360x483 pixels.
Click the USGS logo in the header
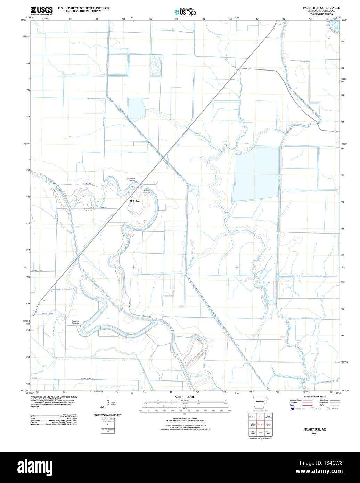[x=41, y=10]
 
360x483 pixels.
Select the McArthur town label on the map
[x=134, y=201]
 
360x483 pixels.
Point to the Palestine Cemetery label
[x=75, y=322]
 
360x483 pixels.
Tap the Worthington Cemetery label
[x=131, y=180]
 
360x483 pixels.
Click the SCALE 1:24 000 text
[x=185, y=397]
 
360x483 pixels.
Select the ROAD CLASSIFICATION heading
[x=314, y=396]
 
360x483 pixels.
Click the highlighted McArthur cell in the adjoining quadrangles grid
[x=261, y=425]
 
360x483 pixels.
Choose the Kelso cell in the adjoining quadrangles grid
[x=261, y=417]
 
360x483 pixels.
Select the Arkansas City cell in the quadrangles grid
[x=269, y=433]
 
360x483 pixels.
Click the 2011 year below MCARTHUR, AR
[x=314, y=434]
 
